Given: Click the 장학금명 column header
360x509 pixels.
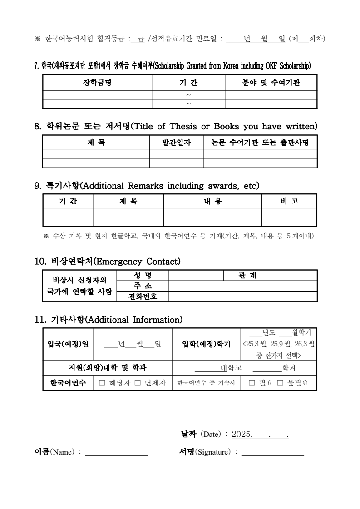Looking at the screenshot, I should pyautogui.click(x=97, y=83).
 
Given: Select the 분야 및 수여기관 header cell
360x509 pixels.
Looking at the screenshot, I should pyautogui.click(x=271, y=83).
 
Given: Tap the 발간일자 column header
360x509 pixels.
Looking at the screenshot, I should pyautogui.click(x=176, y=143).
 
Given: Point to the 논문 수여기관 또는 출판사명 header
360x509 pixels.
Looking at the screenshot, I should pyautogui.click(x=260, y=143).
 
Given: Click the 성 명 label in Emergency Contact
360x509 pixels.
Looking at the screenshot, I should pyautogui.click(x=143, y=275).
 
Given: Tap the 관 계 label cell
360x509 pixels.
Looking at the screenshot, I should pyautogui.click(x=247, y=275).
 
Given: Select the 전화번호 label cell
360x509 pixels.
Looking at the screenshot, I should pyautogui.click(x=143, y=297).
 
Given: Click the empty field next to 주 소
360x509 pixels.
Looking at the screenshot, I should pyautogui.click(x=242, y=286).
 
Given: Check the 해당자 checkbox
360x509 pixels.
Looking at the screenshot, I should pyautogui.click(x=102, y=383).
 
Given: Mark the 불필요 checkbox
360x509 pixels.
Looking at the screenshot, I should pyautogui.click(x=280, y=383).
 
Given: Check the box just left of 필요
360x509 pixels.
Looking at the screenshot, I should pyautogui.click(x=252, y=383).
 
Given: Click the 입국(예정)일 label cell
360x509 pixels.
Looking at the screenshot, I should pyautogui.click(x=68, y=344).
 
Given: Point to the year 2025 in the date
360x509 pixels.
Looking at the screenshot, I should pyautogui.click(x=242, y=434).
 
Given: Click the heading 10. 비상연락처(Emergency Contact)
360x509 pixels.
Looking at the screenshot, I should pyautogui.click(x=108, y=262).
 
